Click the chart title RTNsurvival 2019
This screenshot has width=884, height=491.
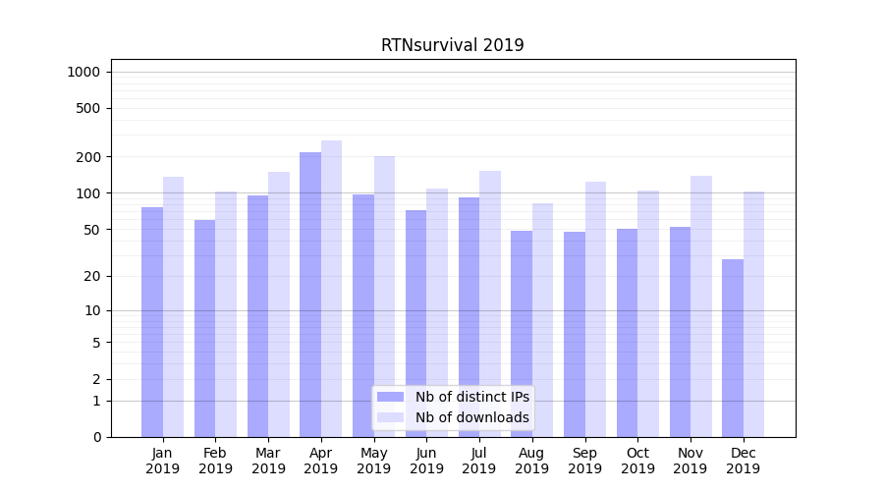[452, 46]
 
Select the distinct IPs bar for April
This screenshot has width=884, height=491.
[310, 295]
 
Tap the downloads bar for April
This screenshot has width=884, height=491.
[331, 289]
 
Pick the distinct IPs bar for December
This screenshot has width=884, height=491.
[733, 348]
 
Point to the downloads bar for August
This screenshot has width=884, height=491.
[542, 320]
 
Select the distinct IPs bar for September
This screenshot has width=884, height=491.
[575, 334]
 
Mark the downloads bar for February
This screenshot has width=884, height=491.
[226, 314]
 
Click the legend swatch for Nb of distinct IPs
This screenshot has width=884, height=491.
[390, 397]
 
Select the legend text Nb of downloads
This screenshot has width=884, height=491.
[472, 417]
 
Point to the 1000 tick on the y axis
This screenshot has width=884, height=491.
[83, 72]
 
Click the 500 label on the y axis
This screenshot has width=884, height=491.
[88, 108]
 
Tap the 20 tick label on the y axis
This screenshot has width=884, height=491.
[92, 276]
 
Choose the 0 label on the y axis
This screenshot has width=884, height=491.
[96, 437]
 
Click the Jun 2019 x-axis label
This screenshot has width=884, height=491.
[426, 461]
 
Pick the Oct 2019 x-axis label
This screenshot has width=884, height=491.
[637, 461]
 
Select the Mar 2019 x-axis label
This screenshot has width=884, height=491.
[268, 461]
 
